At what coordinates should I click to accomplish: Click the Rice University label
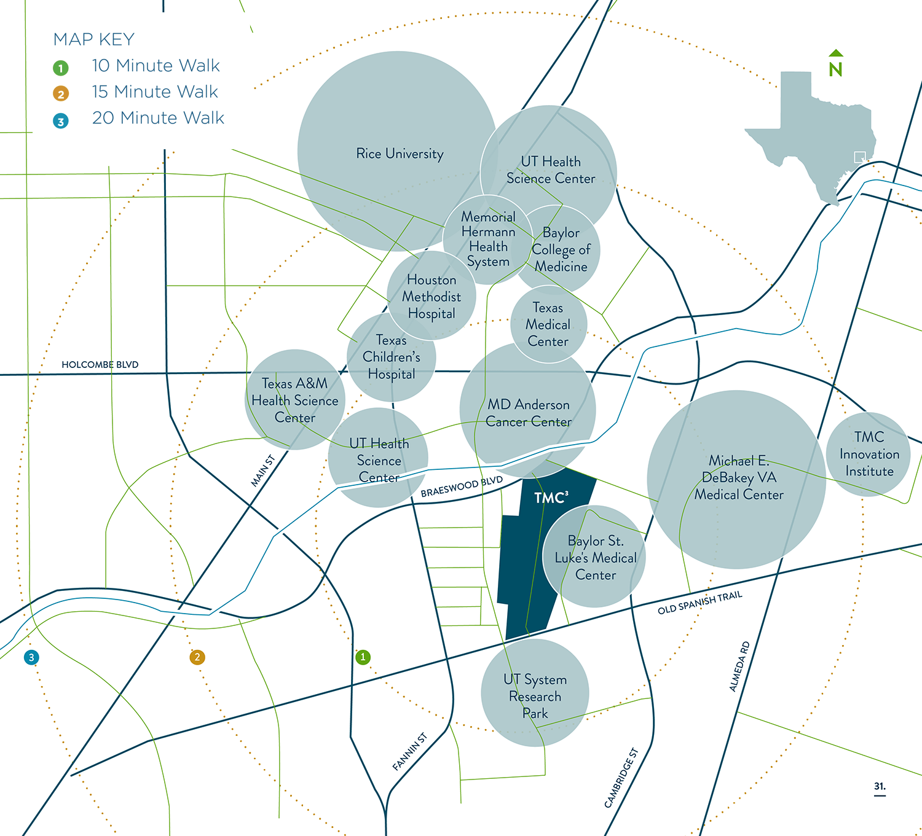pyautogui.click(x=400, y=154)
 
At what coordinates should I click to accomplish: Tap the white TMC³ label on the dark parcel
pyautogui.click(x=551, y=498)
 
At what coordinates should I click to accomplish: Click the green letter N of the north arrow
pyautogui.click(x=835, y=69)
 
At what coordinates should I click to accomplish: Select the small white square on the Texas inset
pyautogui.click(x=859, y=157)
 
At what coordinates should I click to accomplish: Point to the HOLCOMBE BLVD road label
pyautogui.click(x=100, y=365)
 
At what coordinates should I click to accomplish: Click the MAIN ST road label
pyautogui.click(x=262, y=471)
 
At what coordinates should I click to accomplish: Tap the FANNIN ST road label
pyautogui.click(x=409, y=751)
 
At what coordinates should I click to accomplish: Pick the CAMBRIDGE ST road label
pyautogui.click(x=621, y=778)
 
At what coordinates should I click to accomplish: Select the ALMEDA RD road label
pyautogui.click(x=739, y=666)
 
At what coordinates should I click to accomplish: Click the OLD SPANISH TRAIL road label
pyautogui.click(x=700, y=603)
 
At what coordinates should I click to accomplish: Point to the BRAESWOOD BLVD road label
pyautogui.click(x=462, y=486)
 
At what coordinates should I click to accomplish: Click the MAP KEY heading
pyautogui.click(x=94, y=39)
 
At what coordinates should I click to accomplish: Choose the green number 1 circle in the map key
pyautogui.click(x=60, y=68)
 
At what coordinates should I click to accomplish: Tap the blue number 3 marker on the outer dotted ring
pyautogui.click(x=31, y=657)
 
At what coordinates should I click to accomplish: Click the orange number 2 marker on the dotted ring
pyautogui.click(x=197, y=657)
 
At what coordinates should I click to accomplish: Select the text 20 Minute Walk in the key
pyautogui.click(x=158, y=118)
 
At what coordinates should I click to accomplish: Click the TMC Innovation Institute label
pyautogui.click(x=869, y=454)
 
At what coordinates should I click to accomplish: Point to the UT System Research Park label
pyautogui.click(x=535, y=696)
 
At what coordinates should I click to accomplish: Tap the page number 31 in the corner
pyautogui.click(x=880, y=786)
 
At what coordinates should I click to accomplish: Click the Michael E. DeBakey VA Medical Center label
pyautogui.click(x=739, y=477)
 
